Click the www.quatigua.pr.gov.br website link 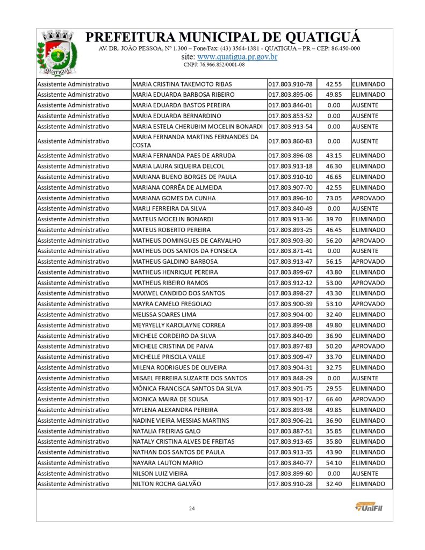237,56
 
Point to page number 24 191,508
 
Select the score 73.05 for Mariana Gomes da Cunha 334,198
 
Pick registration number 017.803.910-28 290,484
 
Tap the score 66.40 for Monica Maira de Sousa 334,399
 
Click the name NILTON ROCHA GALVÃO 167,484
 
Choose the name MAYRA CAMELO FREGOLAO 171,304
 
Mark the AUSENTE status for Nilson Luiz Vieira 365,473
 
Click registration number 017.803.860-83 290,141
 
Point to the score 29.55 334,388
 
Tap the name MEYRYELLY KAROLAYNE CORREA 178,325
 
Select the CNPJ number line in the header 214,64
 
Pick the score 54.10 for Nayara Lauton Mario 334,462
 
